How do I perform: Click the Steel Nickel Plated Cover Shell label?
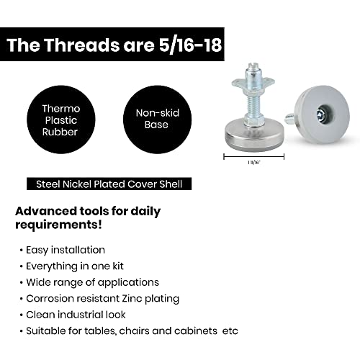[x=109, y=184]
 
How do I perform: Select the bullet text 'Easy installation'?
[x=66, y=250]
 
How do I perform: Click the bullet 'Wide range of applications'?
[x=92, y=282]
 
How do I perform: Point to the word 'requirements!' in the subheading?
[x=58, y=225]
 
